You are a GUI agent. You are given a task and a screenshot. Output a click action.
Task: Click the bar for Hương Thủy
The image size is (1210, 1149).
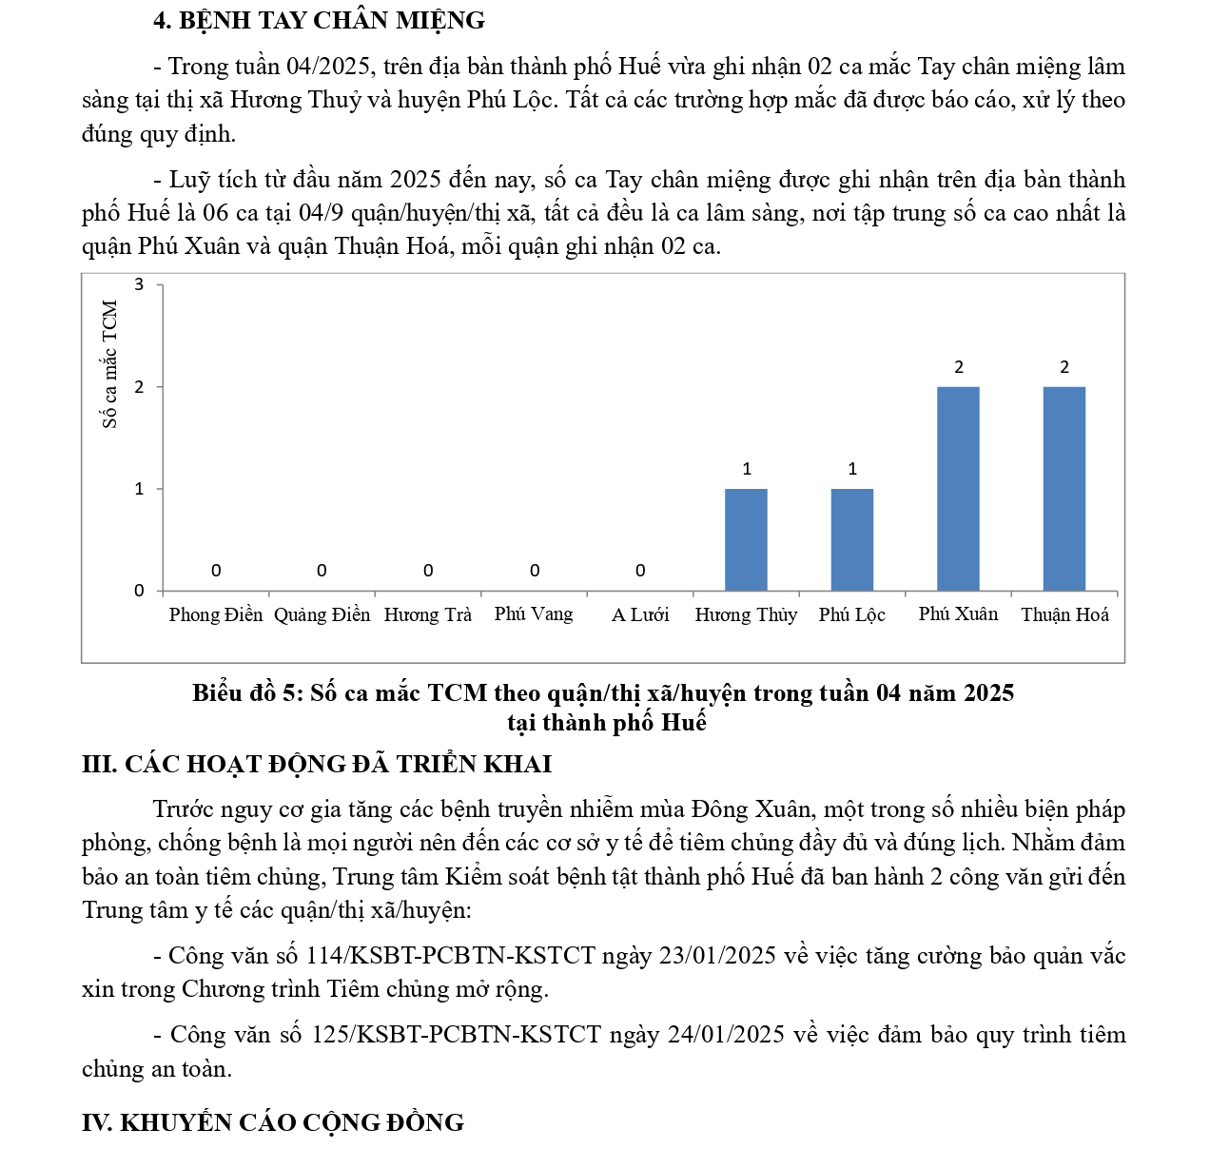coord(746,539)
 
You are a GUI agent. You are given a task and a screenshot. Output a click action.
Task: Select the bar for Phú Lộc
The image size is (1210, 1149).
coord(851,539)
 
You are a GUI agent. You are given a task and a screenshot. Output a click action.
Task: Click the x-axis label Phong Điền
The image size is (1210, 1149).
coord(216,614)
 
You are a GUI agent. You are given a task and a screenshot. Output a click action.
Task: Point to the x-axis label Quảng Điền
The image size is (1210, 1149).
coord(322,614)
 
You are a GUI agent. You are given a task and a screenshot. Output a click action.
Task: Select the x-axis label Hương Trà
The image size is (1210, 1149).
coord(427,614)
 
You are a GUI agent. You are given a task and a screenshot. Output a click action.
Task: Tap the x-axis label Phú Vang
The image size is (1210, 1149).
coord(534,613)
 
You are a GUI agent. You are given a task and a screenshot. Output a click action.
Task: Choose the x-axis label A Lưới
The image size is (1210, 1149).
coord(640,614)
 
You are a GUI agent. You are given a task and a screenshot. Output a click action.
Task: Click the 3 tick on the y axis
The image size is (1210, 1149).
coord(140,284)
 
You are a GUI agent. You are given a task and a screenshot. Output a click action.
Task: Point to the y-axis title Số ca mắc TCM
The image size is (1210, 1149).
coord(110,364)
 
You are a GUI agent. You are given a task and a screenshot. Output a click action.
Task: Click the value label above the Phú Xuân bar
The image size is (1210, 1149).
coord(959,367)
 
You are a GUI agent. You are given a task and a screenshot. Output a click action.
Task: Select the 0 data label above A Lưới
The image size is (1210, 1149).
coord(640,571)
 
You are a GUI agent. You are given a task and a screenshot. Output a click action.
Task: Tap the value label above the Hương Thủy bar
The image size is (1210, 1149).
coord(747,469)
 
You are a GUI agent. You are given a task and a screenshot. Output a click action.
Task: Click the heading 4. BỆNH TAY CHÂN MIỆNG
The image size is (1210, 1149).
coord(319,20)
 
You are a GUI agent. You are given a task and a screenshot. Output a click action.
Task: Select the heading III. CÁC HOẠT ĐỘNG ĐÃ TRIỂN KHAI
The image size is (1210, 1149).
coord(317,764)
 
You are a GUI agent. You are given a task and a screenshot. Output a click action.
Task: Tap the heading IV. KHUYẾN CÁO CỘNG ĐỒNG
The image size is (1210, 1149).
coord(273,1122)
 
